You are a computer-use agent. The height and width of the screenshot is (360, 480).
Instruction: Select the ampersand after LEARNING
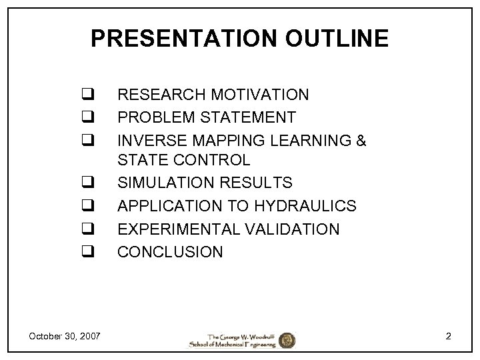coord(361,140)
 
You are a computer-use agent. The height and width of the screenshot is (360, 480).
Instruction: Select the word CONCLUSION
coord(170,251)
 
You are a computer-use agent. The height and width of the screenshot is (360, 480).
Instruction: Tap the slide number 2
coord(449,336)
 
